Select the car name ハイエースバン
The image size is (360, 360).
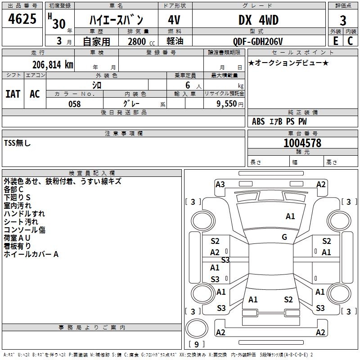pyautogui.click(x=116, y=20)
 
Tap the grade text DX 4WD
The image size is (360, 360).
pyautogui.click(x=258, y=20)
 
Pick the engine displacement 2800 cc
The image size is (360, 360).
pyautogui.click(x=137, y=42)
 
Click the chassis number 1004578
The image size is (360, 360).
pyautogui.click(x=302, y=144)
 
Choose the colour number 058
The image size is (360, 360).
pyautogui.click(x=74, y=104)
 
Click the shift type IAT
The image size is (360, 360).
pyautogui.click(x=13, y=94)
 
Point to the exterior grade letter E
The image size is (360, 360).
pyautogui.click(x=335, y=41)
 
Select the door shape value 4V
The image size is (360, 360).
pyautogui.click(x=174, y=20)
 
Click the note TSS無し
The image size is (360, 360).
pyautogui.click(x=18, y=143)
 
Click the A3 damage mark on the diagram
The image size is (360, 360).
pyautogui.click(x=220, y=184)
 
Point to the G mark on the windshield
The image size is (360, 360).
pyautogui.click(x=284, y=237)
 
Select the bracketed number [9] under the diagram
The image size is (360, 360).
pyautogui.click(x=196, y=345)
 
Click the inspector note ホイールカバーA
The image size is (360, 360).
pyautogui.click(x=31, y=254)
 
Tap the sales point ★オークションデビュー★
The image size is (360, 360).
pyautogui.click(x=288, y=63)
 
